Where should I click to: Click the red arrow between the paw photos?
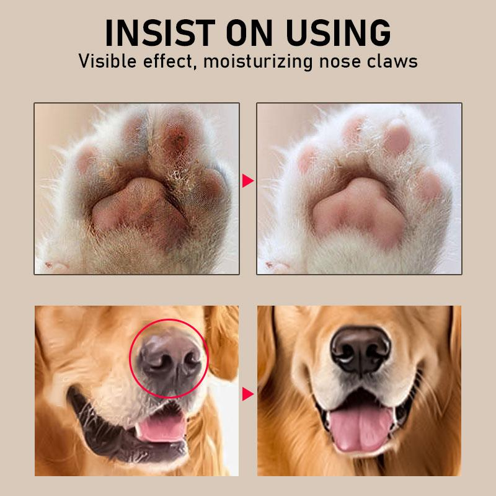click(248, 181)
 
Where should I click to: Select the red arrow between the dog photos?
click(248, 394)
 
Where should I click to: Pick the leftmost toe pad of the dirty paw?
click(87, 161)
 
